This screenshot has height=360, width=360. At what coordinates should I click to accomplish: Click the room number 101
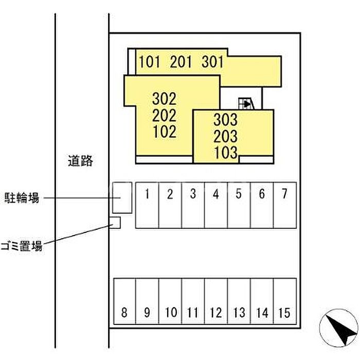click(150, 62)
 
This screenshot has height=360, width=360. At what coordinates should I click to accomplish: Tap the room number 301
click(212, 62)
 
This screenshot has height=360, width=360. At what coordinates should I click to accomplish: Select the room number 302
click(165, 98)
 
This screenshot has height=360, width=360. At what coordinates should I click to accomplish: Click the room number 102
click(165, 132)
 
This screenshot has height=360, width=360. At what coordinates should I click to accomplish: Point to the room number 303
click(226, 120)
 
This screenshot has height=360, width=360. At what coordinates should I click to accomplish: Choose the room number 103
click(226, 152)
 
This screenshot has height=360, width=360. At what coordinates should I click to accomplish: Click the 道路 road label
click(80, 161)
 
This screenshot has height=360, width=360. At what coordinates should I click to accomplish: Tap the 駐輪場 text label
click(22, 197)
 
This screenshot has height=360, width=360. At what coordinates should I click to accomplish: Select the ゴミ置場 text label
click(22, 246)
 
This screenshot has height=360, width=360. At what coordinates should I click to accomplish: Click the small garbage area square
click(115, 223)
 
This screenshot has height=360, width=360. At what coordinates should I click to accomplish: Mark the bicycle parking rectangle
click(122, 197)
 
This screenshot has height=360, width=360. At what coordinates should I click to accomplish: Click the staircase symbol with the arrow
click(246, 104)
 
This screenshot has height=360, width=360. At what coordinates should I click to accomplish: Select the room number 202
click(165, 115)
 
